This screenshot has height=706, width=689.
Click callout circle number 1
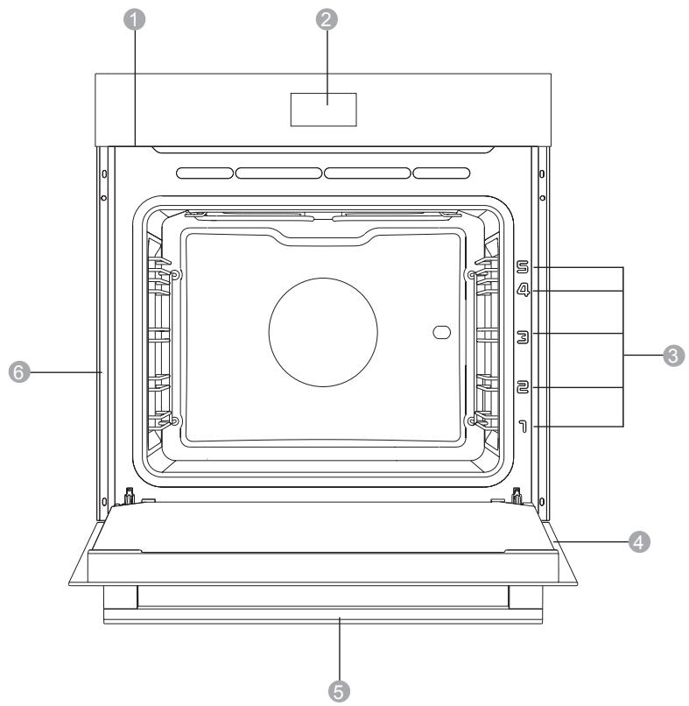(x=134, y=20)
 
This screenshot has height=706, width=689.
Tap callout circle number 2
(x=327, y=20)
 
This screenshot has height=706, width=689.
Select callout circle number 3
(x=674, y=356)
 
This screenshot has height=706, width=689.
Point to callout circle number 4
(x=639, y=541)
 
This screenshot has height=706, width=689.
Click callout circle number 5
(x=339, y=691)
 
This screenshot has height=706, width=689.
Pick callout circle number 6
(x=19, y=372)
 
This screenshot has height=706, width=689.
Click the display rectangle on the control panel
(x=324, y=109)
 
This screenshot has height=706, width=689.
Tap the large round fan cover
(x=323, y=332)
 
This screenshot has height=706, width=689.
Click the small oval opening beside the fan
(x=441, y=332)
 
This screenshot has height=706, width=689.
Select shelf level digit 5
(x=523, y=267)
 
